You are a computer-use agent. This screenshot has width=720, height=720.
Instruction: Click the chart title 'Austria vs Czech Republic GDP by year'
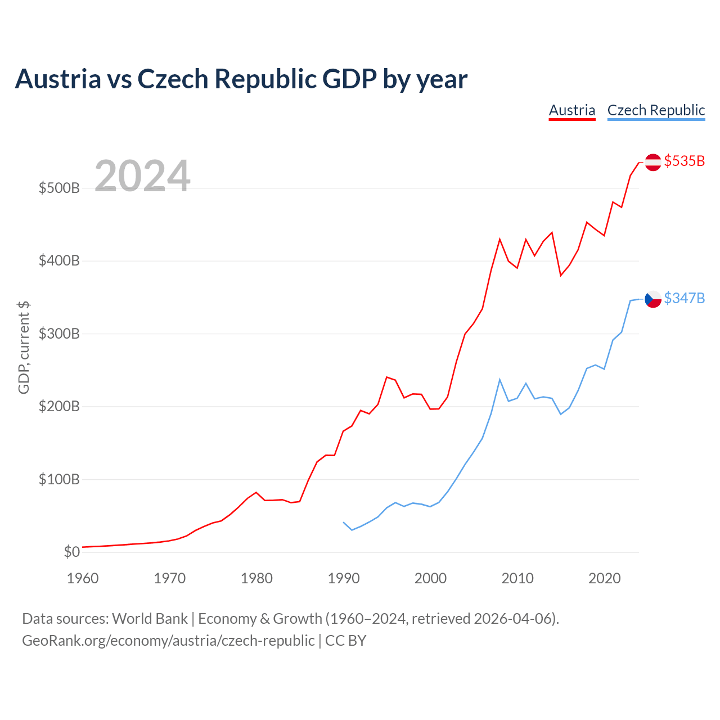point(241,79)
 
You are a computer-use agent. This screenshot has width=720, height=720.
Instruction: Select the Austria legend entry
point(571,111)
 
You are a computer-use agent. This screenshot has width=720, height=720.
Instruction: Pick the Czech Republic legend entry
point(656,111)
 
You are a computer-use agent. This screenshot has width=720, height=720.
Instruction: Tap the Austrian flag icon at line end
point(652,162)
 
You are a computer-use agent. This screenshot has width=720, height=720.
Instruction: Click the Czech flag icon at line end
point(652,299)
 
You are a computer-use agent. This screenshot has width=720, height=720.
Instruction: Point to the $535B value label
point(684,161)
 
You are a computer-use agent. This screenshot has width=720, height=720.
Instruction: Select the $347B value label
point(684,298)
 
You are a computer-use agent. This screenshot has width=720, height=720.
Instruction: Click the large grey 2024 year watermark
point(142,175)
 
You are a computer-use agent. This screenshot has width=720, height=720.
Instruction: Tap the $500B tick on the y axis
point(59,188)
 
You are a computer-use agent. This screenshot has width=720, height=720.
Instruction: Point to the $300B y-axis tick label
point(59,334)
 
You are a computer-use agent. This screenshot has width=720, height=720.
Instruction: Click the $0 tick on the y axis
point(72,551)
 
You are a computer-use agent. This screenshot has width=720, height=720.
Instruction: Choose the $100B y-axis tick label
point(59,479)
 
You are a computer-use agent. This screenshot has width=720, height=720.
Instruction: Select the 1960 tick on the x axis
point(83,578)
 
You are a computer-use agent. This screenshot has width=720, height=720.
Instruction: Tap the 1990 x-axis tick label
point(343,578)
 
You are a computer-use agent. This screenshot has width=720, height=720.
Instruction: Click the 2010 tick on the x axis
point(517,578)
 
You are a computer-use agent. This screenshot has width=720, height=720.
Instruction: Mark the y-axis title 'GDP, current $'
point(24,348)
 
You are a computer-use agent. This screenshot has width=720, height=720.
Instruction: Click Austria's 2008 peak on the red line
point(499,239)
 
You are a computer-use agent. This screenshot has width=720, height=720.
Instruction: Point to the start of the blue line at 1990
point(343,523)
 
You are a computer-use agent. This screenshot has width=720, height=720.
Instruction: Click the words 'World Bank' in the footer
point(150,619)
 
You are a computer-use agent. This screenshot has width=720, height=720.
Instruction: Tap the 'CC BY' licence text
point(345,641)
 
